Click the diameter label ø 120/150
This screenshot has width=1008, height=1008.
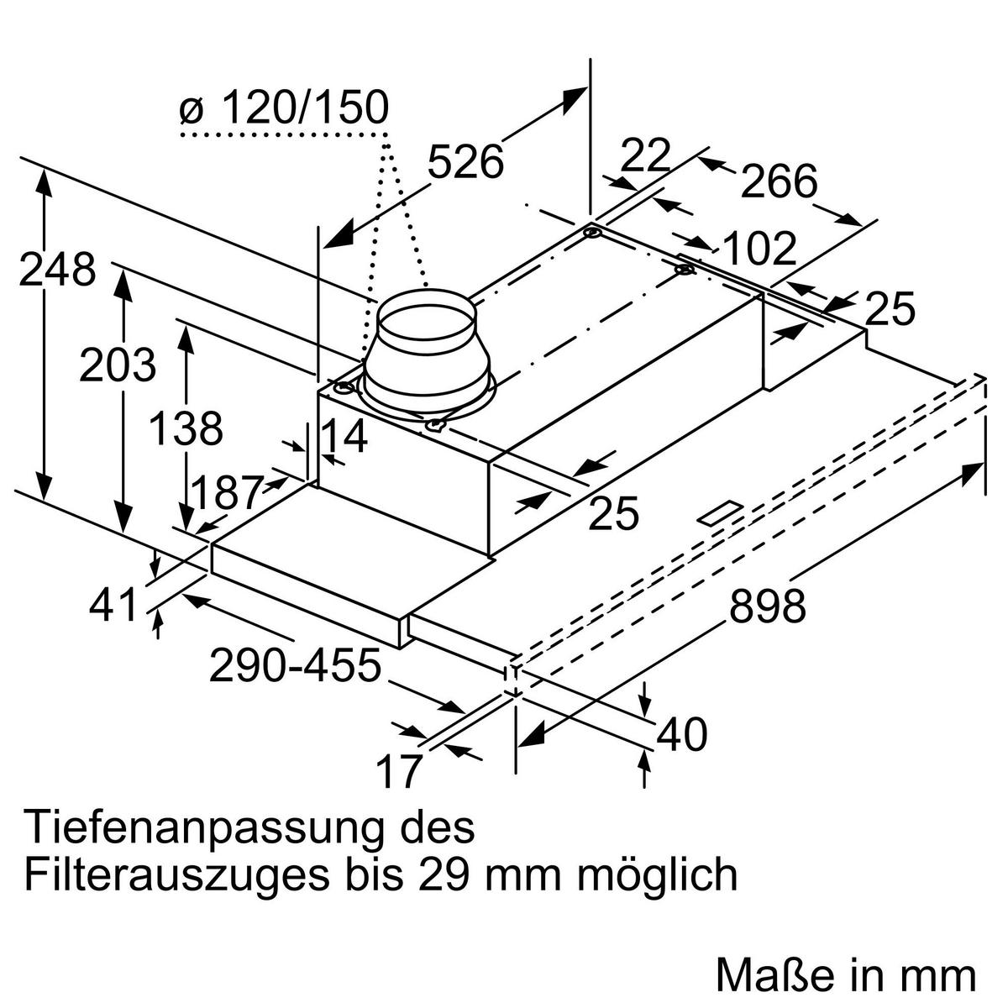click(284, 109)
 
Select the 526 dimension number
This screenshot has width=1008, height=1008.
click(465, 162)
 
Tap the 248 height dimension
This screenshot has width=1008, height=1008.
click(57, 270)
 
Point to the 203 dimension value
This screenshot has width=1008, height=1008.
click(118, 365)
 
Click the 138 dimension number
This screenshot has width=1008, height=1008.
click(186, 429)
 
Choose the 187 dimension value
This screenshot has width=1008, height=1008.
click(227, 493)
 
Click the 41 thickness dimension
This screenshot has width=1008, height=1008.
click(113, 605)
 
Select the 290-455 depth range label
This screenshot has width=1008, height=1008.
click(295, 666)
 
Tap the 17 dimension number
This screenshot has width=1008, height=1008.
click(397, 772)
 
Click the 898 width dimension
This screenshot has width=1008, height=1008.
click(767, 606)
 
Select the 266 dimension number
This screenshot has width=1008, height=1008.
click(779, 181)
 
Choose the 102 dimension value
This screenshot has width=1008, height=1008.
click(759, 249)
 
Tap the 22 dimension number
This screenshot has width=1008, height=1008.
click(647, 155)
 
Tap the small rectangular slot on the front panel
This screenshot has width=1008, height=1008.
click(722, 513)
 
